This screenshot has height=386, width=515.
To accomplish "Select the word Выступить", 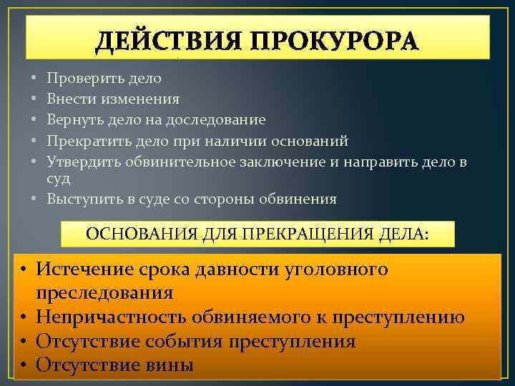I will pyautogui.click(x=82, y=199).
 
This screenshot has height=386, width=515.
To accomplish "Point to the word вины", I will pyautogui.click(x=168, y=365).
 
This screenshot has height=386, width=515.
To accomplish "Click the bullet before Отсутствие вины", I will pyautogui.click(x=23, y=365).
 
